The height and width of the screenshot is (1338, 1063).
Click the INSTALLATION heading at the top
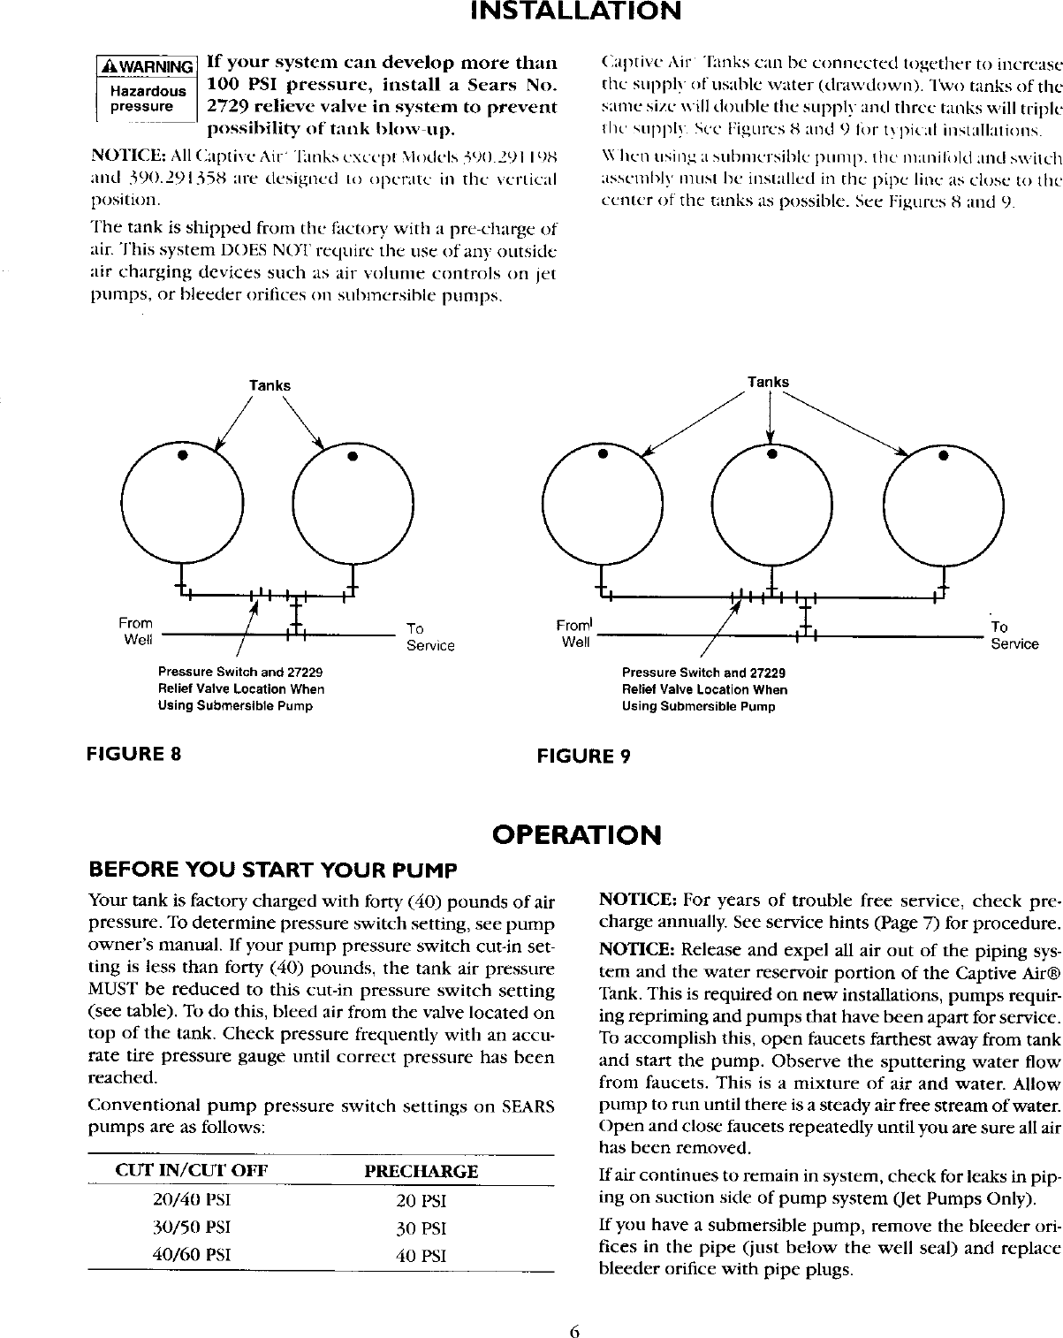(x=575, y=12)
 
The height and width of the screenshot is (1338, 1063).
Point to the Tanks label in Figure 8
(x=270, y=385)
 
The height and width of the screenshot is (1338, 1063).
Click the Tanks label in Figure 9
(x=768, y=382)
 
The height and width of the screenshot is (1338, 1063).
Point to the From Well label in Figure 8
(x=136, y=631)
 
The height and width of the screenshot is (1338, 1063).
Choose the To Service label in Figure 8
(x=429, y=636)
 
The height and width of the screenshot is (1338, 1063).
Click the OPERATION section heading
(x=576, y=835)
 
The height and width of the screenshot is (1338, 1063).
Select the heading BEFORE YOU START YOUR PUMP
(x=273, y=870)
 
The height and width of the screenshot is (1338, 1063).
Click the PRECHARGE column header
(x=421, y=1172)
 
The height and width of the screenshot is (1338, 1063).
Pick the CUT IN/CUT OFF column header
(x=192, y=1172)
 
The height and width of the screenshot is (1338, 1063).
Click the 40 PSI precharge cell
(x=421, y=1256)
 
